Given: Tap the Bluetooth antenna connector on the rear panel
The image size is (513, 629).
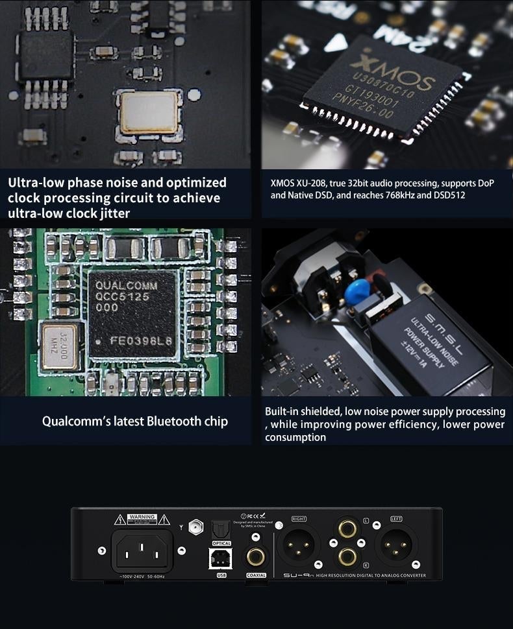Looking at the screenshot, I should click(x=194, y=527).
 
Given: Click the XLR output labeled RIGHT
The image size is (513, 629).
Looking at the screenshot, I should click(x=299, y=543).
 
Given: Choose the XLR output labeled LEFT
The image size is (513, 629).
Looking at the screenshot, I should click(x=396, y=543).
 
